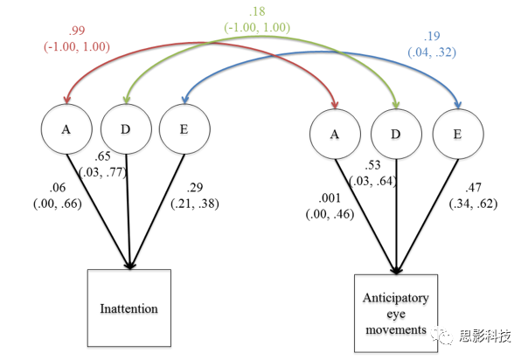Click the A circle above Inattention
click(x=66, y=129)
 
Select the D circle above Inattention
click(x=127, y=129)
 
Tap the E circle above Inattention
click(x=184, y=129)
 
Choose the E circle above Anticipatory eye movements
click(x=456, y=134)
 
